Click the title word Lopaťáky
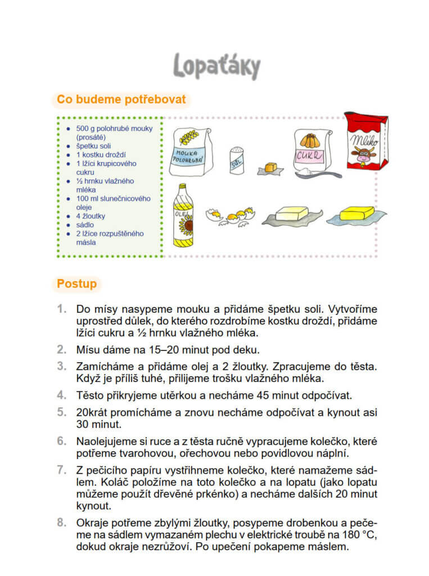(216, 66)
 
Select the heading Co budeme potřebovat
(121, 100)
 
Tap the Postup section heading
(76, 283)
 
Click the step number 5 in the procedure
(61, 412)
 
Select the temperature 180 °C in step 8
(356, 534)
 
